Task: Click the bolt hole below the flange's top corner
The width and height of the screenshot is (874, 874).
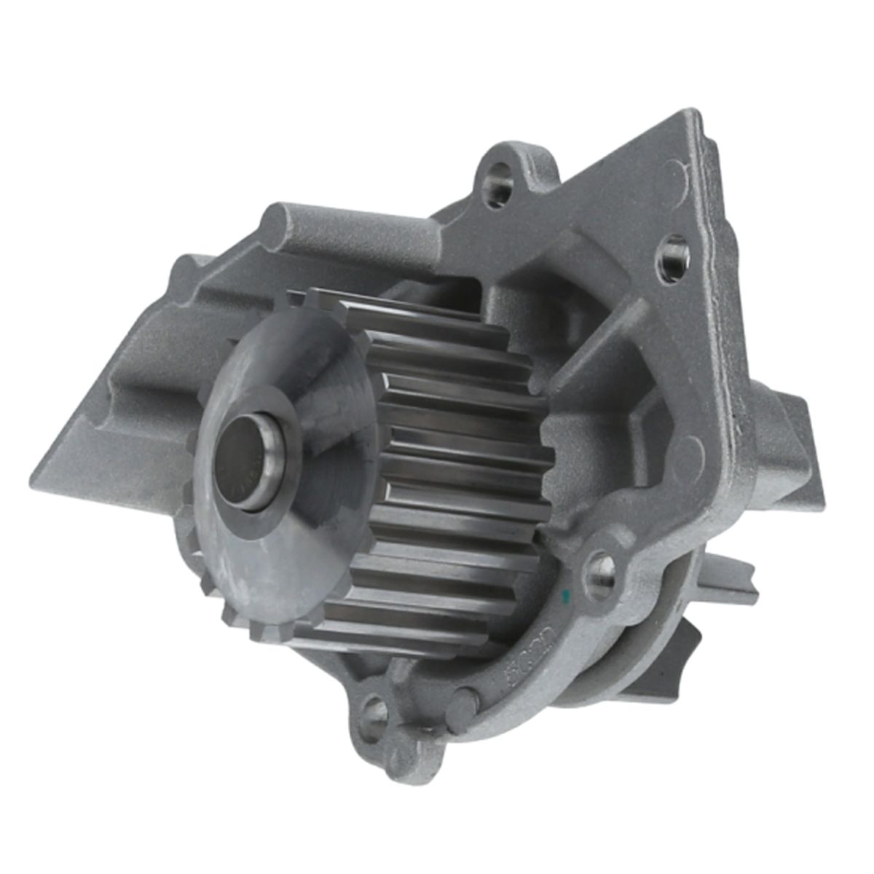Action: [674, 259]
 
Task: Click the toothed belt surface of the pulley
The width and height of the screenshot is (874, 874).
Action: [452, 466]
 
